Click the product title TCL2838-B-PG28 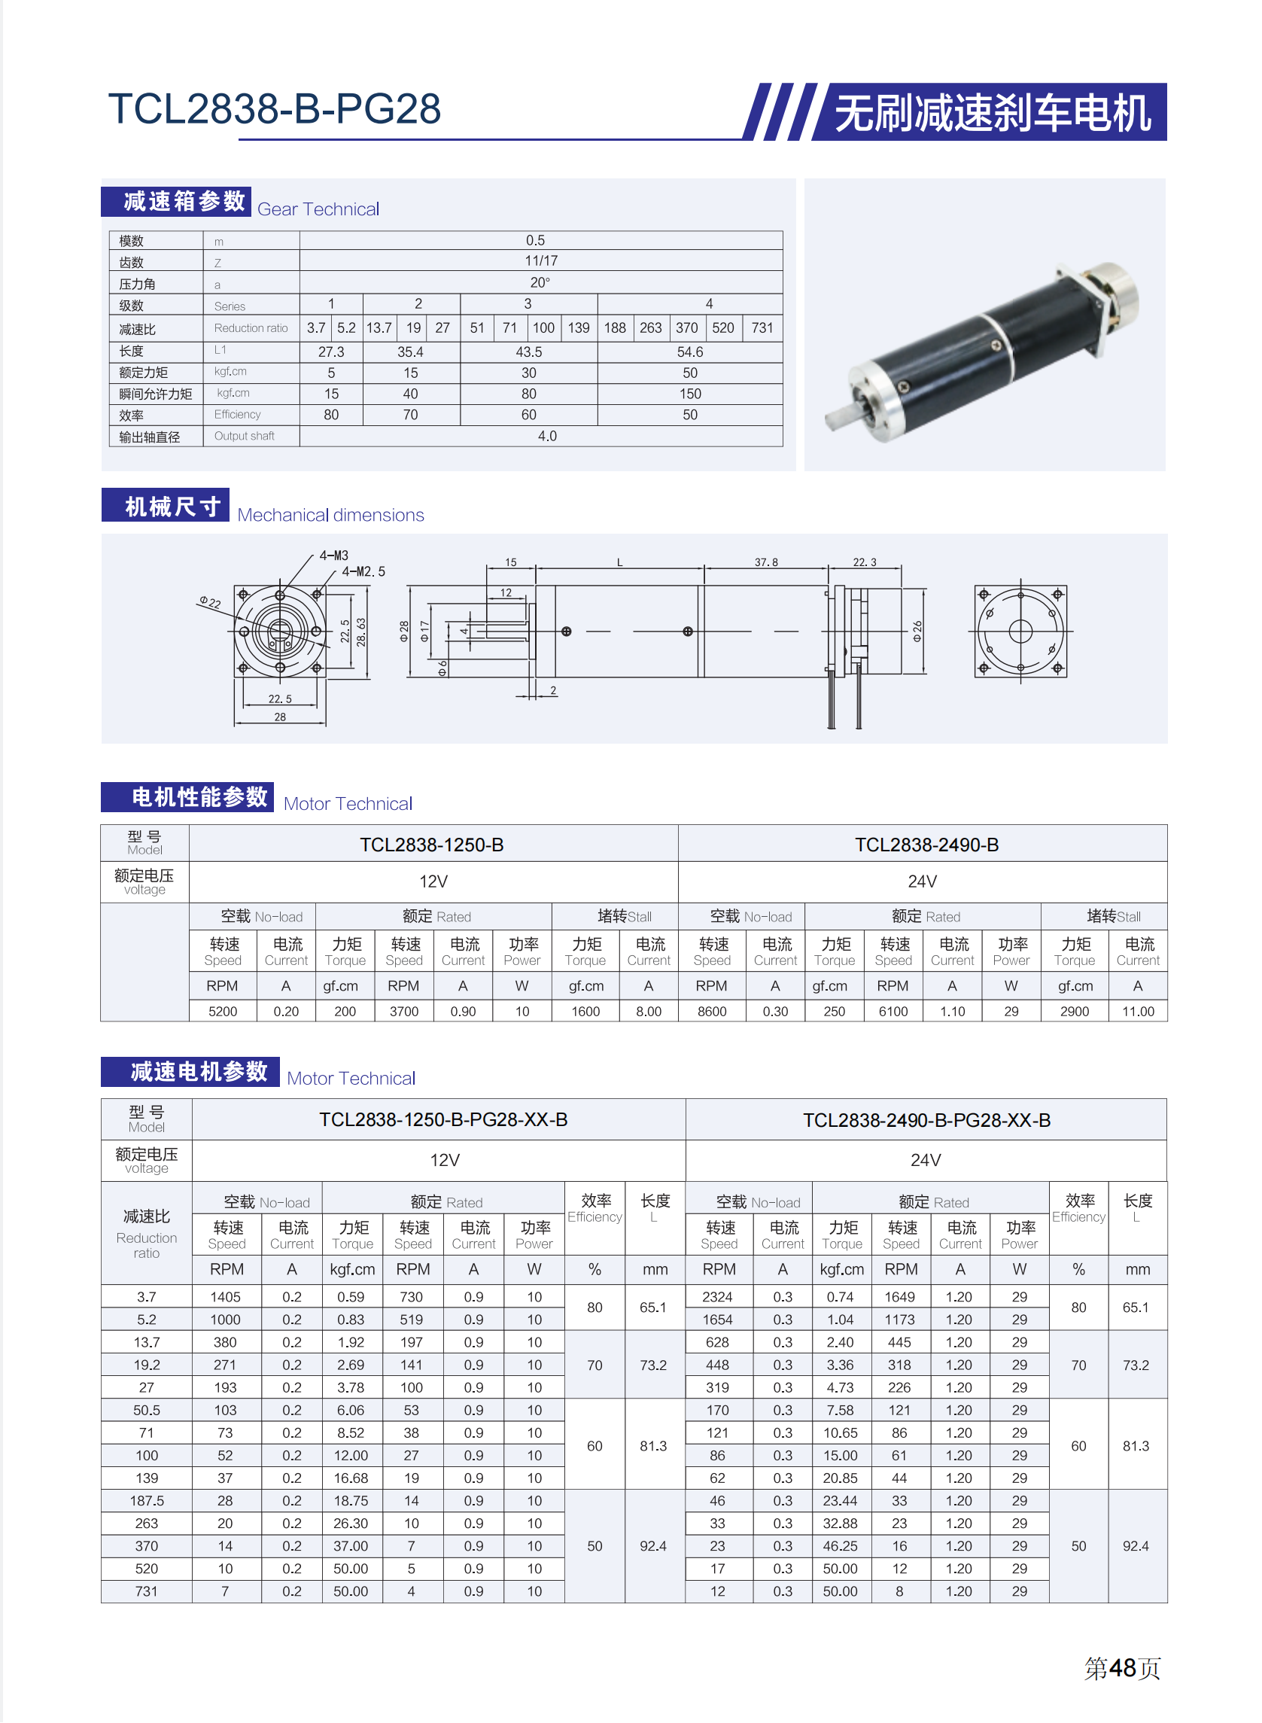point(274,108)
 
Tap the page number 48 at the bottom point(1122,1668)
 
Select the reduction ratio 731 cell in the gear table point(762,328)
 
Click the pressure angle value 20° point(540,283)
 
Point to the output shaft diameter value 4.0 point(547,437)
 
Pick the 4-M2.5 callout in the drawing point(363,571)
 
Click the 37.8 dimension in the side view point(765,562)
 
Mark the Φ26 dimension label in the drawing point(917,631)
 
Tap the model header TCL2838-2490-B point(926,845)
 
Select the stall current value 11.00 point(1138,1012)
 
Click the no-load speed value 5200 point(223,1012)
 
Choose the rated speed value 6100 point(893,1012)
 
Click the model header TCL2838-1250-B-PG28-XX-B point(443,1120)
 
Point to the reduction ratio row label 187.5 point(147,1501)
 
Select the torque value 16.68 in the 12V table point(351,1478)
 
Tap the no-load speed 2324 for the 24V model point(717,1297)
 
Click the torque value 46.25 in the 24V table point(840,1546)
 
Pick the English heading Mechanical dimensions point(330,515)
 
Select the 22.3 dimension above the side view point(864,562)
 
